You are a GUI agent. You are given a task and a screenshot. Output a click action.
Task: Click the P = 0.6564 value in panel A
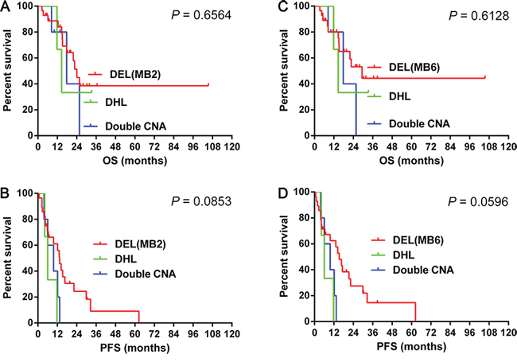point(201,15)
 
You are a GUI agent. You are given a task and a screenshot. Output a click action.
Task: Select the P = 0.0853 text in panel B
point(201,201)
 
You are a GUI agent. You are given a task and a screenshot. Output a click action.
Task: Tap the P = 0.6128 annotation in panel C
point(479,15)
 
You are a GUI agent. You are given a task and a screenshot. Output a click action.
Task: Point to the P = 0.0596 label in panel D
point(478,201)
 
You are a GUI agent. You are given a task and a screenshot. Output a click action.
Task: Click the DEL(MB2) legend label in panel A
point(135,75)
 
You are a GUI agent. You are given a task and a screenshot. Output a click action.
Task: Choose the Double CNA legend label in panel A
point(136,127)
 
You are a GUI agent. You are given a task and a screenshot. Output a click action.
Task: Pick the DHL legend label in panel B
point(126,259)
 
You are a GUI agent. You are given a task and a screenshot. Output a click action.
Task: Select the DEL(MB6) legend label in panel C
point(414,68)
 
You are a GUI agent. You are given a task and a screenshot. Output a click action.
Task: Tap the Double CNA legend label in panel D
point(423,270)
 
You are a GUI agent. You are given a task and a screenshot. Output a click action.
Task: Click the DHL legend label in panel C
point(400,96)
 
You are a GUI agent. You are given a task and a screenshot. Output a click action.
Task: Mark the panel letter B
point(5,193)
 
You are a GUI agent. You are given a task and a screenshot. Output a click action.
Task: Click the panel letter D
point(283,193)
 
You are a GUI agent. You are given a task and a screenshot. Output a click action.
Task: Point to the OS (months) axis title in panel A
point(135,161)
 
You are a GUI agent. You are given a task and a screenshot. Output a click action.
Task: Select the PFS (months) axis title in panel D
point(411,347)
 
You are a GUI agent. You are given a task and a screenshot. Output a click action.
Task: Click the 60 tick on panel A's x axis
point(135,146)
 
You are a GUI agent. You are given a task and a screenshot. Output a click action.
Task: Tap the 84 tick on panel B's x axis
point(173,334)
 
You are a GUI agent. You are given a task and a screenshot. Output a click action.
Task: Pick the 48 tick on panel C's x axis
point(392,146)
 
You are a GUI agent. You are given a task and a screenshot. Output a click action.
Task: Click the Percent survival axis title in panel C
point(284,70)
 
